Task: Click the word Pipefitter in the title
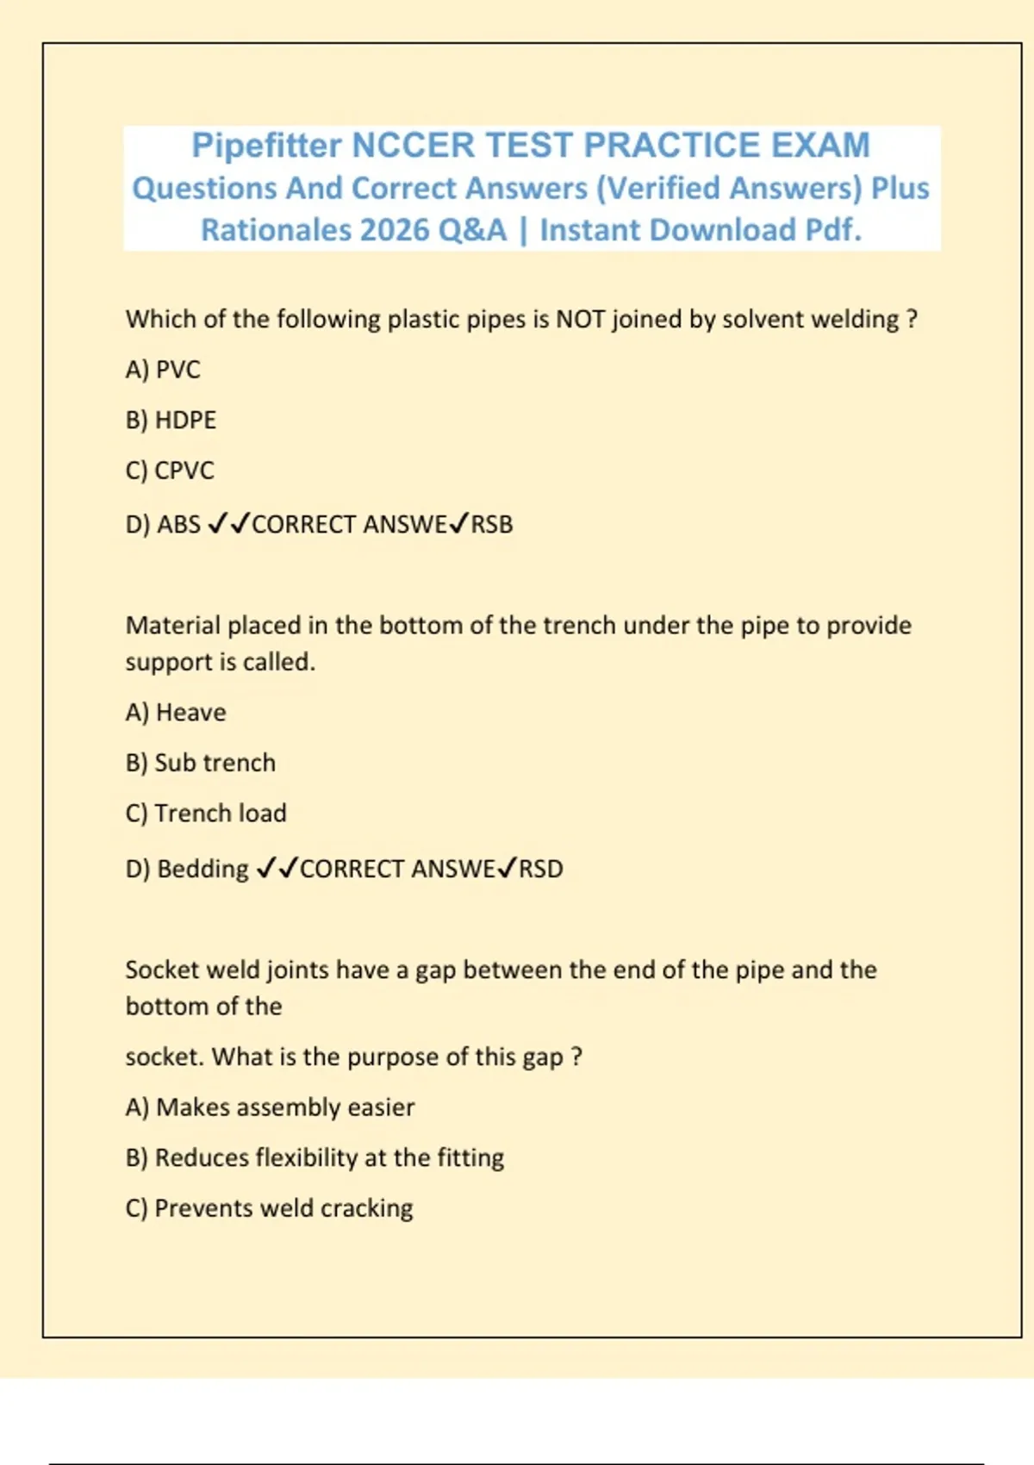[266, 146]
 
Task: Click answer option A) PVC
[163, 370]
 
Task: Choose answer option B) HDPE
[171, 421]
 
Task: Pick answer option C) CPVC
[170, 471]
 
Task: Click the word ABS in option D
[178, 524]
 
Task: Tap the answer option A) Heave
[176, 713]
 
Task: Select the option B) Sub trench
[201, 763]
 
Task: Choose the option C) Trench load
[206, 813]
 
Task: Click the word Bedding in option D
[202, 869]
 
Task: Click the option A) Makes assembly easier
[270, 1107]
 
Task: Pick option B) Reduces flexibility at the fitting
[315, 1157]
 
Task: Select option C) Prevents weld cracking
[269, 1208]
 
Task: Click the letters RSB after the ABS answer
[492, 524]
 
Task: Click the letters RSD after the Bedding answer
[541, 869]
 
